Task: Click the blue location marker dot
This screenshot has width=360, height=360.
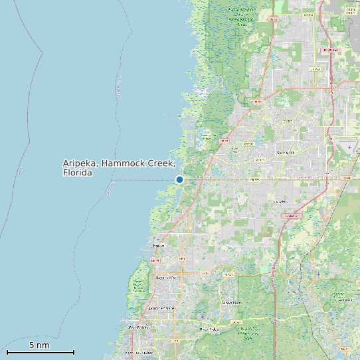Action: click(179, 179)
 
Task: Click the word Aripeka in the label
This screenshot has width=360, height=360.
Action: click(80, 163)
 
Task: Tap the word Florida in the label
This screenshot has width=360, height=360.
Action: click(77, 173)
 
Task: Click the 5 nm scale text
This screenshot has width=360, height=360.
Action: click(39, 345)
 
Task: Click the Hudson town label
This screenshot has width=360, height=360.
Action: click(158, 246)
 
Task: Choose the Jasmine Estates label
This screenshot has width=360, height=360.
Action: click(161, 308)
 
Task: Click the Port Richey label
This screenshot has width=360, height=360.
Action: click(139, 327)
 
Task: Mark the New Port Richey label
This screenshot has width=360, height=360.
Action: click(139, 353)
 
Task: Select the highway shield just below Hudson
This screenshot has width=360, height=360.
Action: click(157, 260)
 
